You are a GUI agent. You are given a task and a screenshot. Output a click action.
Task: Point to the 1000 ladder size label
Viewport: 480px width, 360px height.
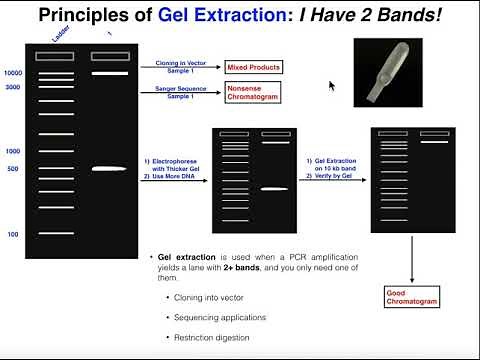(x=13, y=151)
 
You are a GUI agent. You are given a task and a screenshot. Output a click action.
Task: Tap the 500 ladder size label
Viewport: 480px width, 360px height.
(x=14, y=169)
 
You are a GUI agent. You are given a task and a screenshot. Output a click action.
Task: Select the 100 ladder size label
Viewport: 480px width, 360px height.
(x=14, y=234)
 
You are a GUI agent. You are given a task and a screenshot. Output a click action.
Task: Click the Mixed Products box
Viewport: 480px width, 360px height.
(x=253, y=68)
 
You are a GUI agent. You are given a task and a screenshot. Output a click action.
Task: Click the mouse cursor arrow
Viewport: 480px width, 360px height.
(x=332, y=86)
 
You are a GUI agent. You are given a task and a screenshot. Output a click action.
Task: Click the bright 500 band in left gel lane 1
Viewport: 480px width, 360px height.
(x=109, y=169)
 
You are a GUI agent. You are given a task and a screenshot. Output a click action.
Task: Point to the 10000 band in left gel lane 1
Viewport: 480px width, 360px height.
(x=109, y=74)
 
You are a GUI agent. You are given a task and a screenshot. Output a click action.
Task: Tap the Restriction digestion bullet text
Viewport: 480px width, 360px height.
(x=215, y=337)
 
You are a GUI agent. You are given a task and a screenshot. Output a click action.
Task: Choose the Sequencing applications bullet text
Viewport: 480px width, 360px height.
(x=218, y=317)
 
